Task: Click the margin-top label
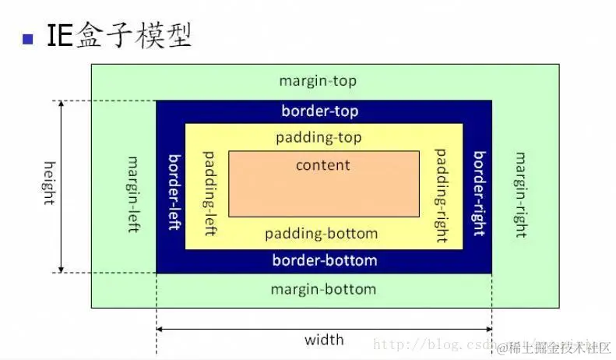click(x=318, y=81)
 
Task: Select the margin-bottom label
click(x=323, y=289)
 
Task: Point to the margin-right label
click(x=519, y=194)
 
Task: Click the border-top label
click(x=320, y=111)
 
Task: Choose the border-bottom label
click(x=325, y=260)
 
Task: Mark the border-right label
click(x=479, y=192)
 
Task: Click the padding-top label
click(x=319, y=138)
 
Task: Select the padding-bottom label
click(x=321, y=234)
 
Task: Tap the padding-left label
click(x=209, y=194)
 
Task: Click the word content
click(x=323, y=165)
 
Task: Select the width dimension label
click(x=324, y=340)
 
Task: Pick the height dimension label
click(x=49, y=182)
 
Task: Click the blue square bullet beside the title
click(x=29, y=38)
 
